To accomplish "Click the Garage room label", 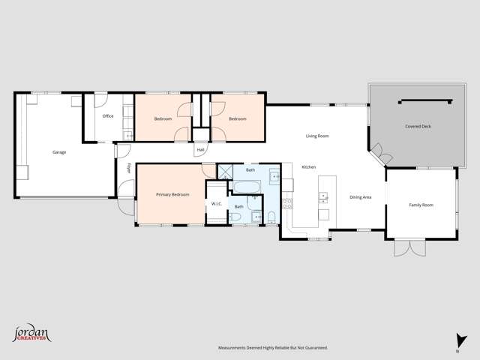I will (x=59, y=152).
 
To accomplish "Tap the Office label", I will (x=108, y=116).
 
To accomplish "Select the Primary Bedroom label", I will (x=172, y=194).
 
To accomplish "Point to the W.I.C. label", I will (x=216, y=203).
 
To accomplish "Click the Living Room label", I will (x=317, y=136).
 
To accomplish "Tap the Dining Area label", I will (x=361, y=197).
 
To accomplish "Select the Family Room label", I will (x=421, y=205).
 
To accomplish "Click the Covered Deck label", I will (x=416, y=127).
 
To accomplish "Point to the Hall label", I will (x=200, y=150).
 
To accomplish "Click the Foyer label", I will (x=128, y=168).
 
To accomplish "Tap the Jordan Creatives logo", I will (x=31, y=333).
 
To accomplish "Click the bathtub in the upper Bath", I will (x=248, y=184).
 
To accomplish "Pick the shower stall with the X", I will (x=224, y=172).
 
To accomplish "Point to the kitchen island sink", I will (x=323, y=198).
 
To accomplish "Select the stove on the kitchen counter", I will (x=286, y=202).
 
